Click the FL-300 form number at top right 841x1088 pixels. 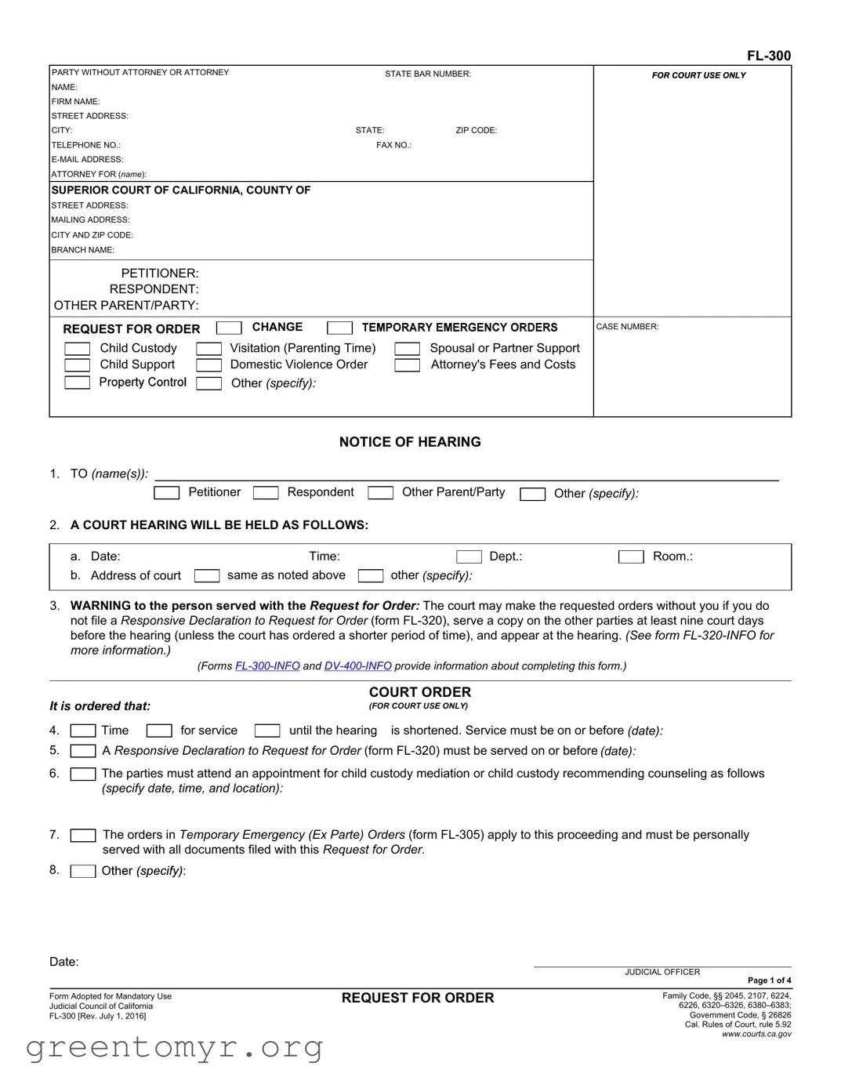(768, 56)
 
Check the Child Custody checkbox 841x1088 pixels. (77, 349)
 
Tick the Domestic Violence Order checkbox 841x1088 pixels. (208, 365)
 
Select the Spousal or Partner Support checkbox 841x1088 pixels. (407, 349)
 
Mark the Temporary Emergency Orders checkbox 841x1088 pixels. (339, 328)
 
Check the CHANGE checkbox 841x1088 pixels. (229, 328)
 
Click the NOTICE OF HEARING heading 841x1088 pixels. (410, 442)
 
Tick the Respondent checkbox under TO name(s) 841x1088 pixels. (266, 493)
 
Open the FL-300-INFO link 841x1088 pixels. (267, 666)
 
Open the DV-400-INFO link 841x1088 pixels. (357, 666)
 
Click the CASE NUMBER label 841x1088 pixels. (627, 327)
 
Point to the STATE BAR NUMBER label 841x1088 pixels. (427, 74)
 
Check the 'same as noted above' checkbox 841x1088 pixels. (207, 576)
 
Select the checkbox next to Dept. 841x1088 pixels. (469, 557)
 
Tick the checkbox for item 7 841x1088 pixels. (83, 836)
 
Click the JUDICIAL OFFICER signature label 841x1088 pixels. (662, 972)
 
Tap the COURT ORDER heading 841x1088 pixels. (420, 692)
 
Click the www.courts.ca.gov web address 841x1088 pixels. (756, 1034)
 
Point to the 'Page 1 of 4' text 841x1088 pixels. (769, 981)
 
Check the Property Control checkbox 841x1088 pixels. (77, 383)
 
